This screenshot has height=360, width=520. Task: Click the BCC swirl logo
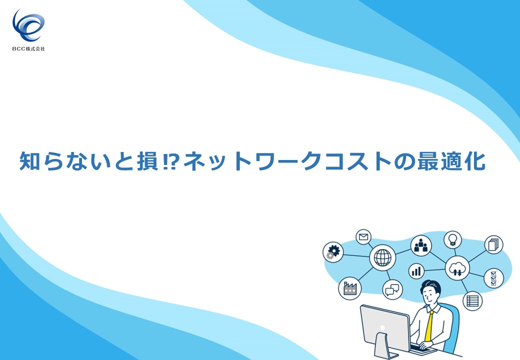point(28,25)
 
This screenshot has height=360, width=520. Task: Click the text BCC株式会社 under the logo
point(28,48)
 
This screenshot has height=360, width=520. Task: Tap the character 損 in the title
point(147,161)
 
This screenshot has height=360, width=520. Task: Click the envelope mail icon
point(363,237)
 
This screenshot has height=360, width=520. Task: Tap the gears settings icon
point(333,252)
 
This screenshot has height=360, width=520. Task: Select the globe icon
point(382,257)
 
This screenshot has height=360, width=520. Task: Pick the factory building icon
point(349,288)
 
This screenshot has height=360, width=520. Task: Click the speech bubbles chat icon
point(392,289)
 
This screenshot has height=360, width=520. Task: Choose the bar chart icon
point(416,271)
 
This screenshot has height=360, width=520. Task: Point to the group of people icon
point(421,246)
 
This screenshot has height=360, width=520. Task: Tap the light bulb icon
point(452,239)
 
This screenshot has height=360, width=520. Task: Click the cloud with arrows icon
point(457,268)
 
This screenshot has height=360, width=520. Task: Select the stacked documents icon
point(494,244)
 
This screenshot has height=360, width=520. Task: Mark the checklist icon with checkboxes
point(494,278)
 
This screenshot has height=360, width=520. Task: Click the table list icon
point(472,301)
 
